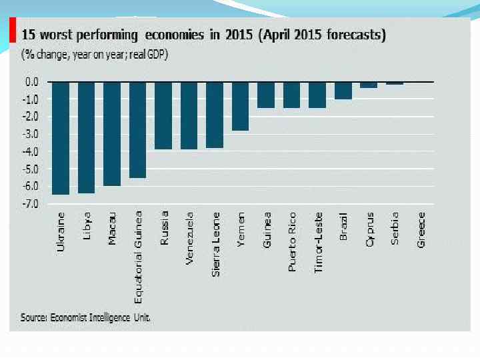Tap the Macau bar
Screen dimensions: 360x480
(112, 133)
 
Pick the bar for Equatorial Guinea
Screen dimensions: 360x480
(137, 129)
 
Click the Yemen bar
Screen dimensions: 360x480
(241, 106)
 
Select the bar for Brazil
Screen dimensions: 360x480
(343, 90)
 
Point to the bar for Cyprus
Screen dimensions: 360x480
(369, 85)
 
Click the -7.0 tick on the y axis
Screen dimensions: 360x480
(31, 203)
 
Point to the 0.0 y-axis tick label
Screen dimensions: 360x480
(32, 81)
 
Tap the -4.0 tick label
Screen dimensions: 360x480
(31, 151)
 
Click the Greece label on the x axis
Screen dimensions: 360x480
(421, 231)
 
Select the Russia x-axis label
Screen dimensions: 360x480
(164, 229)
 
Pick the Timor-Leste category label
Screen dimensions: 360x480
(319, 243)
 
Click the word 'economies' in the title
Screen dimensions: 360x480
(170, 35)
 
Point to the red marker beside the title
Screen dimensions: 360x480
(13, 30)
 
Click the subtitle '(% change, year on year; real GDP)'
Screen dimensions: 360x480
(95, 55)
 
